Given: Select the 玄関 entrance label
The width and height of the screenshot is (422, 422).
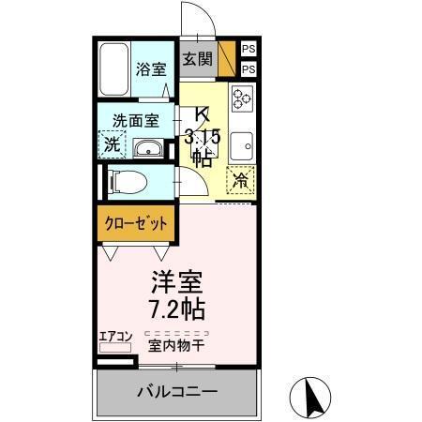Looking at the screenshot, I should click(x=197, y=59).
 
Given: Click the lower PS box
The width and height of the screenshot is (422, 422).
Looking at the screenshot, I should click(x=249, y=69).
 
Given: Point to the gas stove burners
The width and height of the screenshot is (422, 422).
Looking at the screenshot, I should click(x=242, y=98).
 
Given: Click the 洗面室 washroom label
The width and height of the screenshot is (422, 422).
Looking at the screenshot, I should click(x=135, y=121).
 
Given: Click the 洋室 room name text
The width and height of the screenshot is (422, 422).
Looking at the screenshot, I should click(x=178, y=281).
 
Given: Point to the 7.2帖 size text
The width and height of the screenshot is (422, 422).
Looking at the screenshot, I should click(x=178, y=307).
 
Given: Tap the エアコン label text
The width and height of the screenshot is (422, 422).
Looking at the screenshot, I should click(x=116, y=335).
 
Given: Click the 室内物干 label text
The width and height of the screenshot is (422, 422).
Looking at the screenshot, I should click(x=176, y=344).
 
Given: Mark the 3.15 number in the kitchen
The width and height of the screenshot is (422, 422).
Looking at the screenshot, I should click(x=202, y=137).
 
